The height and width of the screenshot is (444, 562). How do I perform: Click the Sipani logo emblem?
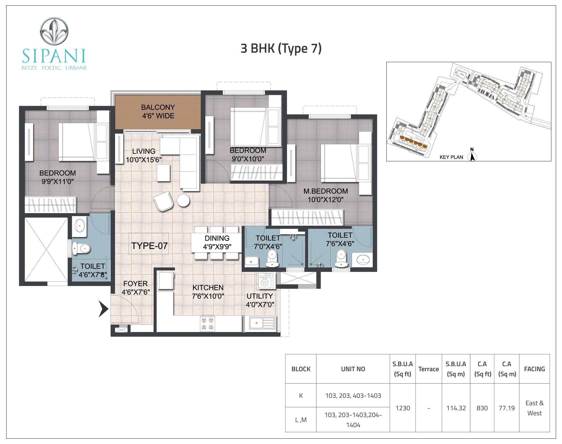point(54,31)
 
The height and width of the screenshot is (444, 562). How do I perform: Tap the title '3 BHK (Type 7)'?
point(281,49)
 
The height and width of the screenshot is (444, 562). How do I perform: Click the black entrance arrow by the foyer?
point(104,309)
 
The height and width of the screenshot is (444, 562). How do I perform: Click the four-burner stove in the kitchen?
point(207,324)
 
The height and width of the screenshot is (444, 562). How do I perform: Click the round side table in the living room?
point(183,200)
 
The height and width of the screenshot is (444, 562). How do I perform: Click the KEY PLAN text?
point(451,157)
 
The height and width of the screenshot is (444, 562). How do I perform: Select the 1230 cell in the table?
point(403,408)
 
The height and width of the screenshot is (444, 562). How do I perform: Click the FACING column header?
point(534,369)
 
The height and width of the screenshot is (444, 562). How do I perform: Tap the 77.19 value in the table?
point(507,408)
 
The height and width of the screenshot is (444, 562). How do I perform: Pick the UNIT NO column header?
point(353,369)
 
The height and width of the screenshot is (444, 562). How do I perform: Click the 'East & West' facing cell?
point(534,408)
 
